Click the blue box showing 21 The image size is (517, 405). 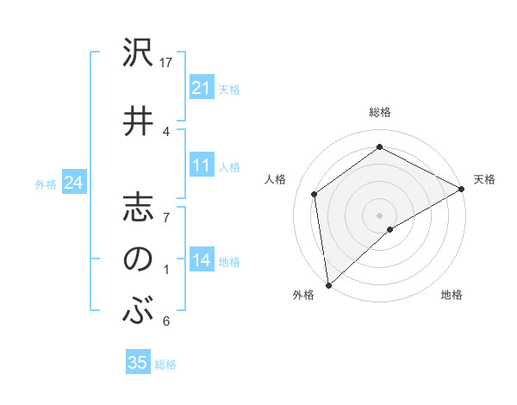point(202,88)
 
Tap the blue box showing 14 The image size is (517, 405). point(202,261)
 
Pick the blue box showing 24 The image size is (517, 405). point(74,183)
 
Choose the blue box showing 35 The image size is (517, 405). point(138,363)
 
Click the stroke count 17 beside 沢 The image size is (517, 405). point(167,63)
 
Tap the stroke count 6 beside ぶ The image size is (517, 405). point(166,321)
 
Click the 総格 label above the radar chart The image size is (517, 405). point(380,112)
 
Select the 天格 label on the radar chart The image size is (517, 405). point(484,179)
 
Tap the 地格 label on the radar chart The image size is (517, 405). point(452,296)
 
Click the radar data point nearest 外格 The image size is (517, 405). point(328,285)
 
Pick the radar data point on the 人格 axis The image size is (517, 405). point(315,194)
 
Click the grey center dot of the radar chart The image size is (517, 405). point(379,215)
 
